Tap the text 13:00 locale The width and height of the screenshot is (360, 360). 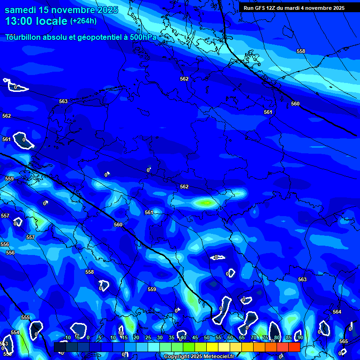click(36, 21)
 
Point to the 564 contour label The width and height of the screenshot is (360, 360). click(337, 312)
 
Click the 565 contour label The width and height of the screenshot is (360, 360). click(344, 341)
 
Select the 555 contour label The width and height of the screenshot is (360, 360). click(25, 317)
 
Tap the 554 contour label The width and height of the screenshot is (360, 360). click(15, 332)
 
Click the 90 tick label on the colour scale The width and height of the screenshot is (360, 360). click(300, 337)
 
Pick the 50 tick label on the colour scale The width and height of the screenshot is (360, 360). click(206, 337)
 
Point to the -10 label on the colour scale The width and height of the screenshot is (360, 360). click(67, 337)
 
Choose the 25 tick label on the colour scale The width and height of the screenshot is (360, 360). click(148, 337)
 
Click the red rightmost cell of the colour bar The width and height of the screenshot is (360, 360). click(294, 347)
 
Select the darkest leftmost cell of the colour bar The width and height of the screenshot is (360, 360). click(60, 347)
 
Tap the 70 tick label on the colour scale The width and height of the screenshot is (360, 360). click(253, 337)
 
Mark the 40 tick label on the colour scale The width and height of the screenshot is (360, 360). click(183, 337)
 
